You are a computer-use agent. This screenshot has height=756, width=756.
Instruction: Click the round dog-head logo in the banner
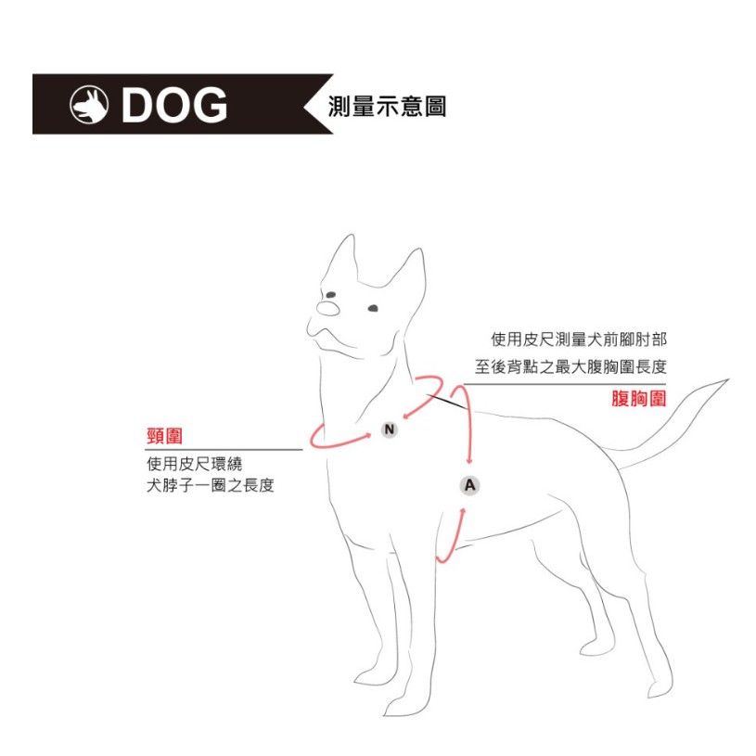[x=89, y=105]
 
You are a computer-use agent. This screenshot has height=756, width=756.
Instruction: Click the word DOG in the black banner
[x=174, y=105]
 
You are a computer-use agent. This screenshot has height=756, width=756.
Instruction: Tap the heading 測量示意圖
[x=387, y=106]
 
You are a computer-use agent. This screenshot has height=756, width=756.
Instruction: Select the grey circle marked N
[x=389, y=429]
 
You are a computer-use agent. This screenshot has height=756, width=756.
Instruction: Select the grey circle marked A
[x=469, y=485]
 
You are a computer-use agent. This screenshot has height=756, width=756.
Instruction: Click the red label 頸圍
[x=164, y=436]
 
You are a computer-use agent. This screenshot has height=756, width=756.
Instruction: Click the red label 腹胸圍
[x=639, y=399]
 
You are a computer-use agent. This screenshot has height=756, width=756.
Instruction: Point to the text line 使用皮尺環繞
[x=194, y=464]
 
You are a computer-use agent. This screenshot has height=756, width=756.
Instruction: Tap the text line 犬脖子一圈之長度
[x=211, y=485]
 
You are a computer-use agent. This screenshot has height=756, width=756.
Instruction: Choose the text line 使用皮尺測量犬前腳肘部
[x=579, y=340]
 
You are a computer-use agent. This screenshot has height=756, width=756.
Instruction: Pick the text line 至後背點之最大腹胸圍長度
[x=570, y=367]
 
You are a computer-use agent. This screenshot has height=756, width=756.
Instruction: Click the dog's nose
[x=328, y=309]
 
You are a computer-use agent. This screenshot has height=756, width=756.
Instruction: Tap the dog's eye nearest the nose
[x=331, y=295]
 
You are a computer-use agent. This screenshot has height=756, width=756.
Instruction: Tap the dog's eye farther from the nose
[x=373, y=308]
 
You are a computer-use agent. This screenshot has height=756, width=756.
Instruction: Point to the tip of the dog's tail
[x=728, y=379]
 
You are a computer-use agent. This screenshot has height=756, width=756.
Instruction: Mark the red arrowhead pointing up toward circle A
[x=463, y=511]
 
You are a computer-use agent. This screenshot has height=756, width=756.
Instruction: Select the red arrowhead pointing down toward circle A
[x=469, y=461]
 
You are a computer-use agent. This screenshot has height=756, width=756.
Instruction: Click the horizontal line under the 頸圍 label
[x=224, y=450]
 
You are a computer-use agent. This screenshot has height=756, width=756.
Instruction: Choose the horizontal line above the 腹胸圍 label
[x=565, y=384]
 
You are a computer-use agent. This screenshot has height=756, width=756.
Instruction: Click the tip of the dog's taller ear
[x=352, y=236]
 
